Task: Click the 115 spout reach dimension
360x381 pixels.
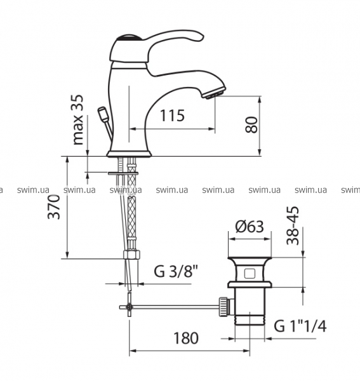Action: click(172, 116)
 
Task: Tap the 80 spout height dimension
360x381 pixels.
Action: click(251, 125)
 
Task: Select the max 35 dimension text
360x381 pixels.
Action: click(78, 119)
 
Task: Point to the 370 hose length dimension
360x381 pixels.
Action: click(54, 207)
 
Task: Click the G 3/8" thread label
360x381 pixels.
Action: click(176, 271)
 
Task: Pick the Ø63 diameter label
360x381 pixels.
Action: click(250, 227)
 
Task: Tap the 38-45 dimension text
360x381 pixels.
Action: click(293, 225)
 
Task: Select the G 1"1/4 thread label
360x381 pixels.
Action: click(300, 326)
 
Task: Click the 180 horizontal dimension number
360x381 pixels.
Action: click(186, 338)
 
